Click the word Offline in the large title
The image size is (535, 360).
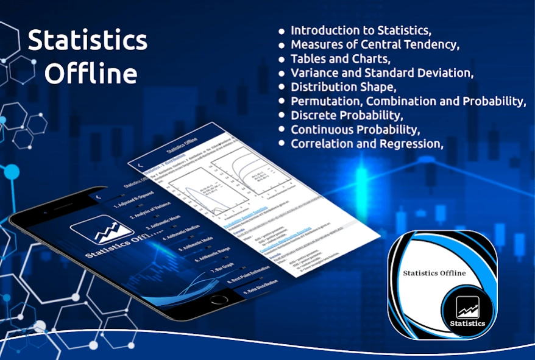click(x=91, y=73)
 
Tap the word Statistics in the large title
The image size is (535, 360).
click(x=88, y=41)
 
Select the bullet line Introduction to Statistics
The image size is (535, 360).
click(x=360, y=30)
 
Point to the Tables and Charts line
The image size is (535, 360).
click(x=339, y=59)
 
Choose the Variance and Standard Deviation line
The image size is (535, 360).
click(x=381, y=73)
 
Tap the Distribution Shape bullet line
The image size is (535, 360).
click(x=343, y=87)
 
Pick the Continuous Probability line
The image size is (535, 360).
click(x=355, y=129)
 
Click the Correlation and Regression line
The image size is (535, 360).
click(x=366, y=144)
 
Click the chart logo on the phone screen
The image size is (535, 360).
click(x=102, y=230)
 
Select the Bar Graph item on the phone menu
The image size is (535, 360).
click(x=224, y=270)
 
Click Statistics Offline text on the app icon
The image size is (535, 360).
click(x=434, y=273)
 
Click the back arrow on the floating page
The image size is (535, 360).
click(x=140, y=164)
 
